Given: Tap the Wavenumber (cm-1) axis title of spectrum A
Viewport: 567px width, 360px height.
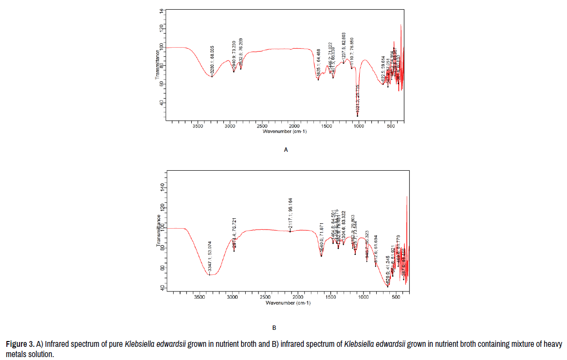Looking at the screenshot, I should tap(285, 131).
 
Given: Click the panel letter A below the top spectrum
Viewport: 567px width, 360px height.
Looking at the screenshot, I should tap(286, 150).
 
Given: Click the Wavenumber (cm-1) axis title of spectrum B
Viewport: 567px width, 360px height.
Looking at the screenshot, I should tap(288, 303).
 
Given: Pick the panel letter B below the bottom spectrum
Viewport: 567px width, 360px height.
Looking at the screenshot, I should tap(274, 328).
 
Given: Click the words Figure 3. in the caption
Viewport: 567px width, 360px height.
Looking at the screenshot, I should tap(20, 344).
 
